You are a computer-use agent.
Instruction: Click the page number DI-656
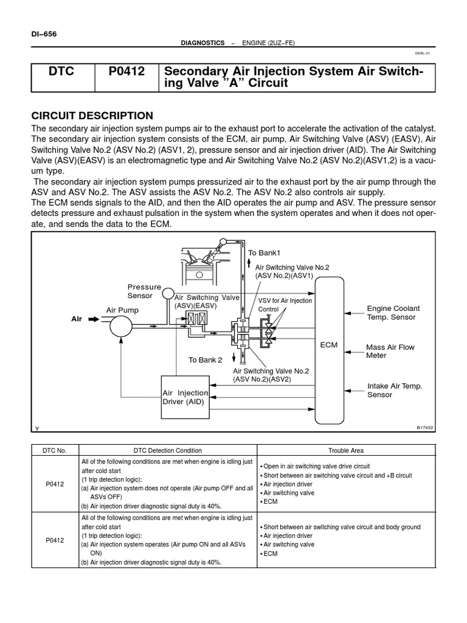pos(44,34)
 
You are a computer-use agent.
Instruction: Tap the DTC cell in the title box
pos(61,72)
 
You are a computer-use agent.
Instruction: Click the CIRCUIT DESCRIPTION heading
pos(92,116)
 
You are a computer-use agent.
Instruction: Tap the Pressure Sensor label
pos(144,291)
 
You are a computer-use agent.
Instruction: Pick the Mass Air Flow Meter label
pos(390,351)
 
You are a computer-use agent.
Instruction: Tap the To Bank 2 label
pos(205,360)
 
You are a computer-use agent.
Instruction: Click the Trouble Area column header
pos(347,451)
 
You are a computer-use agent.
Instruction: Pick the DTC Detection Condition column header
pos(168,451)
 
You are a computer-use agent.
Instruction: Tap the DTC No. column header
pos(55,451)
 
